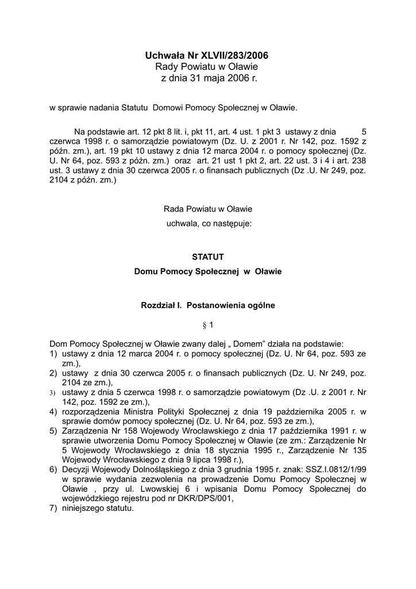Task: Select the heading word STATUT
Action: click(207, 257)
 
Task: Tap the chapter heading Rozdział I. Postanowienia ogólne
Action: click(207, 305)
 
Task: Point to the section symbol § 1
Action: click(207, 325)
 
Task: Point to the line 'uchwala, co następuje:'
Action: click(207, 224)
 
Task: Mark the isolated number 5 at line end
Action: click(364, 131)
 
